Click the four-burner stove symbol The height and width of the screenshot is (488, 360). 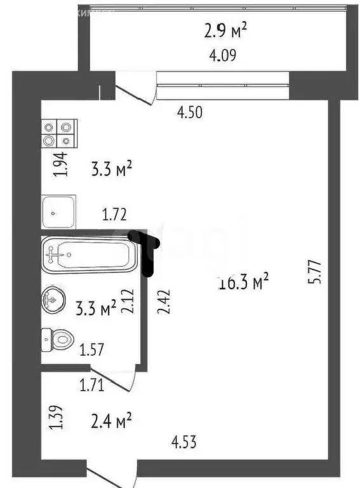coord(59,134)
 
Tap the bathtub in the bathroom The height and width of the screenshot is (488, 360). coord(89,255)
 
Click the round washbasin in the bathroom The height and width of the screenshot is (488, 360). coord(53,301)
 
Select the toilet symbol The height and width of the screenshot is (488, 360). coord(56,340)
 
